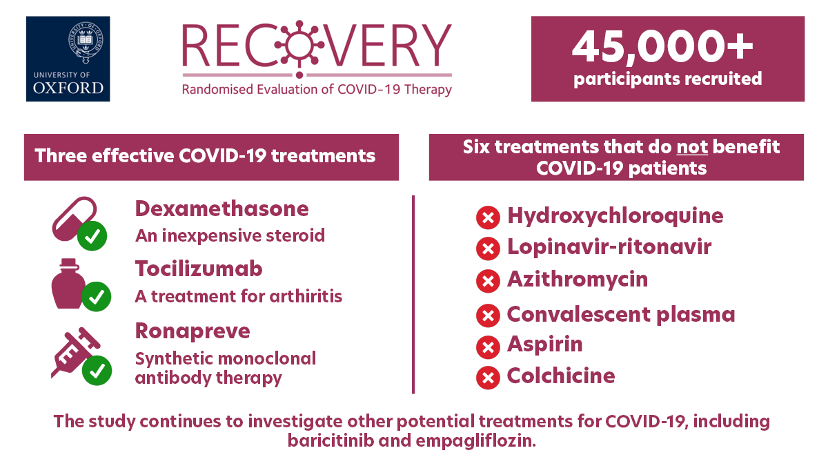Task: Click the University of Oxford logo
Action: coord(68,59)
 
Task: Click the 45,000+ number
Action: coord(662,47)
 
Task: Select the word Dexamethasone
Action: coord(221,209)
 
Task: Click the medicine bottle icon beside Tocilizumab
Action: coord(68,284)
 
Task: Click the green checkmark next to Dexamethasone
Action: coord(92,236)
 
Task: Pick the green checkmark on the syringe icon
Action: coord(97,371)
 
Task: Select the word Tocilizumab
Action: coord(199,269)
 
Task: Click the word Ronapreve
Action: coord(193,331)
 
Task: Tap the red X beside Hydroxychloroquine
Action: coord(488,217)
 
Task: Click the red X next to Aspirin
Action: coord(488,347)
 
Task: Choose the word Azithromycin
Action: coord(578,280)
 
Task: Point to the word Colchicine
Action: coord(561,376)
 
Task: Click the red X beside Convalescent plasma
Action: coord(488,315)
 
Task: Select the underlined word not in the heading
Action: coord(692,148)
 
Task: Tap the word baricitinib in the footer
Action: coord(331,441)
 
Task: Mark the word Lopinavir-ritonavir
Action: coord(609,247)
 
